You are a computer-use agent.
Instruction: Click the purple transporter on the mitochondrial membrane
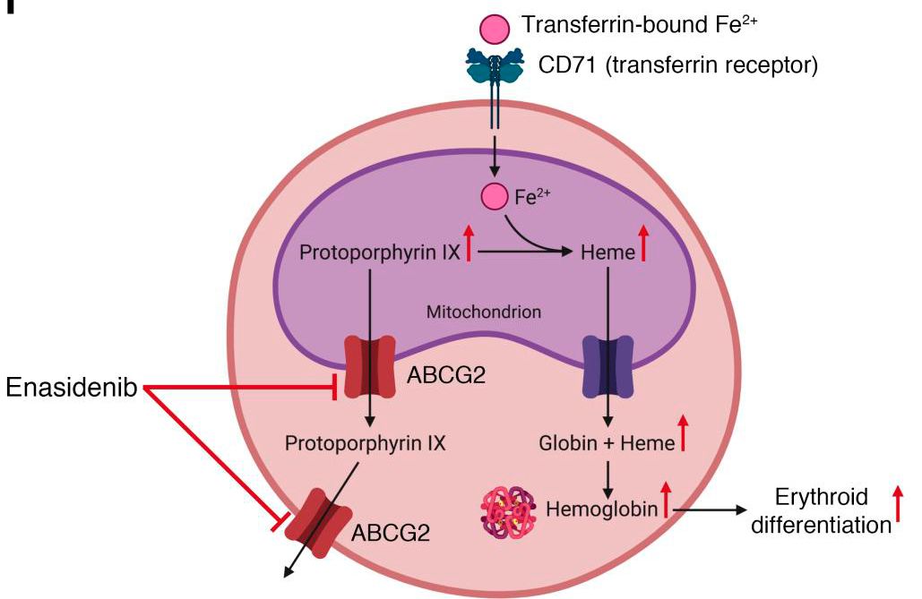pos(609,367)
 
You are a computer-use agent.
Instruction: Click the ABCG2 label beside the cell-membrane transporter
pos(390,535)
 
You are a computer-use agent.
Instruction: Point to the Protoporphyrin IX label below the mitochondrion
pos(365,442)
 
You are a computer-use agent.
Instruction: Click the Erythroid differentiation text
pos(821,511)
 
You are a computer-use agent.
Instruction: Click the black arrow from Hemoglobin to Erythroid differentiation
pos(709,510)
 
